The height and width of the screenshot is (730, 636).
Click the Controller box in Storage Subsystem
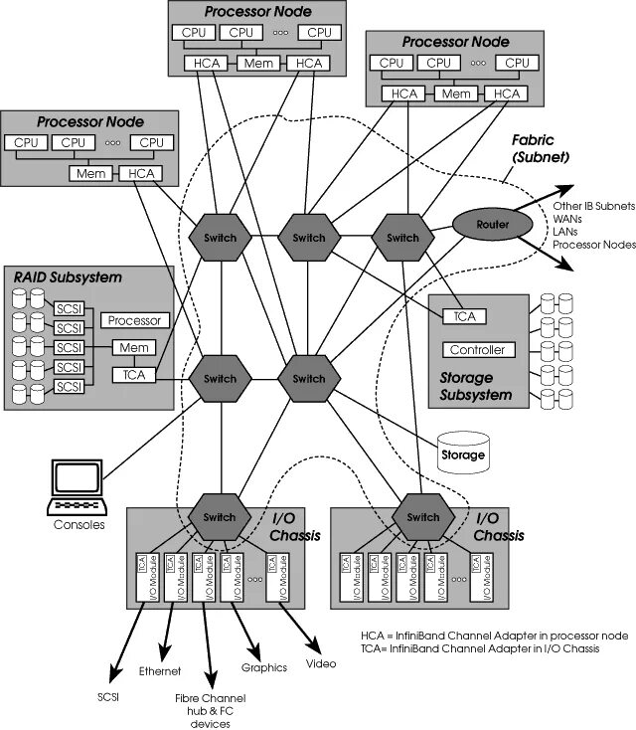click(478, 350)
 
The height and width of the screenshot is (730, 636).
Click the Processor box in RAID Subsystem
click(134, 320)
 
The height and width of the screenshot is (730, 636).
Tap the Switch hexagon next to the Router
click(402, 238)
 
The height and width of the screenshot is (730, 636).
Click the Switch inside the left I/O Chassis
click(219, 517)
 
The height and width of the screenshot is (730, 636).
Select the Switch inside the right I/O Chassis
click(422, 517)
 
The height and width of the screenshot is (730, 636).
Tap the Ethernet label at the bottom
click(160, 670)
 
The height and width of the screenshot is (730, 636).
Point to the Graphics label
click(264, 667)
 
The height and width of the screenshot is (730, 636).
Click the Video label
click(321, 663)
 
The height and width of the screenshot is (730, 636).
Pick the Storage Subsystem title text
click(475, 387)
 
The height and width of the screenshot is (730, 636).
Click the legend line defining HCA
click(495, 635)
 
